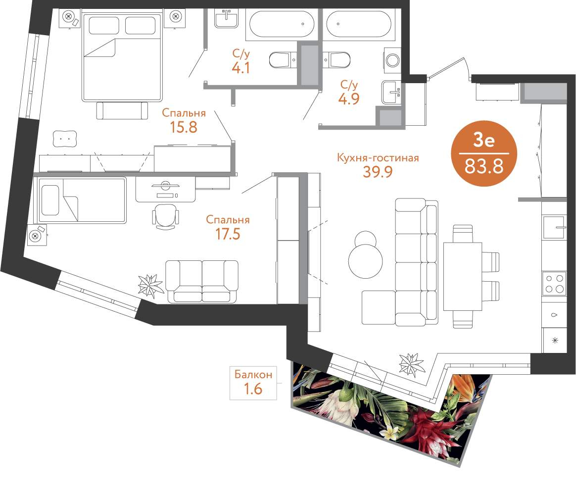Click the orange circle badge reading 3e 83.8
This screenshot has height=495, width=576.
[x=484, y=153]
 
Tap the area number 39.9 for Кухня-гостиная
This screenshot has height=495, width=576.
[x=378, y=172]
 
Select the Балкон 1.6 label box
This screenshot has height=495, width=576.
[x=253, y=383]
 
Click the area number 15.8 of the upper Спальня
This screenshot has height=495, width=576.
[x=183, y=127]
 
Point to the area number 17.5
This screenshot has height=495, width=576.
[x=228, y=234]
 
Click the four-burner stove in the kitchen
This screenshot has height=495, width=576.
[x=554, y=284]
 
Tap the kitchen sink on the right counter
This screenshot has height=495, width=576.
[x=554, y=228]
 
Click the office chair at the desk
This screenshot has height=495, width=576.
[x=166, y=217]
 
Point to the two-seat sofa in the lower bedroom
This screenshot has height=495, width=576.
[x=202, y=282]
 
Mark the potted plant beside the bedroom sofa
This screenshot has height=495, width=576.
[x=150, y=285]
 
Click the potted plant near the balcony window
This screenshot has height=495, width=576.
[x=412, y=364]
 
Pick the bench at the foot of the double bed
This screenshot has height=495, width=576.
[x=122, y=110]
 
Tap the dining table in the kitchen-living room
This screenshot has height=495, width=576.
[x=463, y=276]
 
